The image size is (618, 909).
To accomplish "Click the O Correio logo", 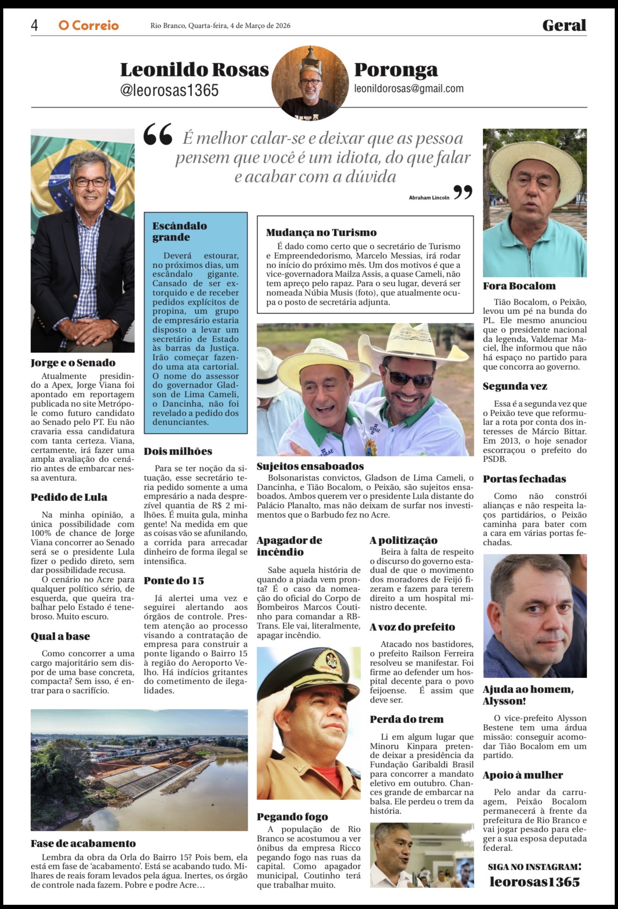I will click(x=88, y=25).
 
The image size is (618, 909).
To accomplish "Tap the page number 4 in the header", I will click(x=34, y=25).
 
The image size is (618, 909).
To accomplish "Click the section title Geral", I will click(x=564, y=25).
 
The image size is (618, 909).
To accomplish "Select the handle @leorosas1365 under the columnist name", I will click(x=169, y=90).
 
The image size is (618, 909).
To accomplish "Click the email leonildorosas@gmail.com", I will click(x=409, y=89).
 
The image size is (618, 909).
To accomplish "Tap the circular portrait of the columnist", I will click(x=309, y=83).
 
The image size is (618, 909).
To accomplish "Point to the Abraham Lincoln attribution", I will click(x=429, y=198).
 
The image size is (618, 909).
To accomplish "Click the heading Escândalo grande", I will click(x=179, y=231).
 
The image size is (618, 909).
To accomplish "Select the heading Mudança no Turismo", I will click(x=321, y=232).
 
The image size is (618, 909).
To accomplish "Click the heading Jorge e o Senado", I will click(x=73, y=363).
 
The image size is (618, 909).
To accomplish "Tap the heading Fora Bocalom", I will click(x=519, y=286).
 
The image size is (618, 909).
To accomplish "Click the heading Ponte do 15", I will click(x=174, y=581).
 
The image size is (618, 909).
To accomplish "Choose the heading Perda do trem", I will click(x=406, y=719).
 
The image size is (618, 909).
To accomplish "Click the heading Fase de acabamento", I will click(x=83, y=843).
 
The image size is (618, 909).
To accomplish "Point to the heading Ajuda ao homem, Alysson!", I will click(x=528, y=695).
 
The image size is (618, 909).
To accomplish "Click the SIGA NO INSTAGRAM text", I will click(x=534, y=867).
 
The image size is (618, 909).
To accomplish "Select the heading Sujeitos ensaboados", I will click(x=310, y=466).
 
